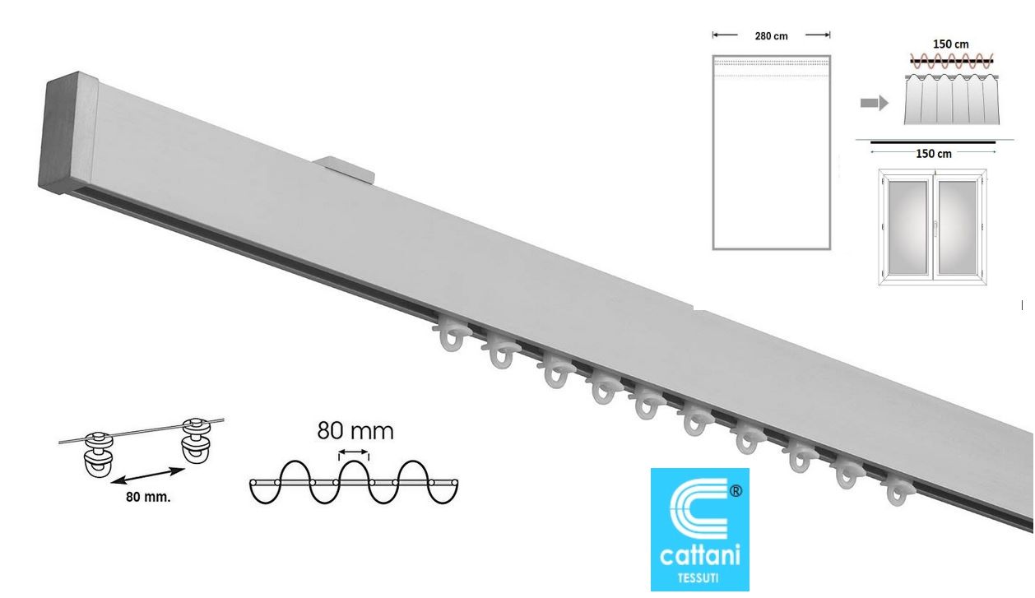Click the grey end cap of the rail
(x=67, y=134)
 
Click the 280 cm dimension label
(x=771, y=36)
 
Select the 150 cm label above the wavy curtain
(x=950, y=44)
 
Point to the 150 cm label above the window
(x=934, y=154)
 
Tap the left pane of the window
(x=907, y=227)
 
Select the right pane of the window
(x=958, y=227)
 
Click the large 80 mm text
(x=355, y=431)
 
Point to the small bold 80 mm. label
(x=148, y=498)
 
